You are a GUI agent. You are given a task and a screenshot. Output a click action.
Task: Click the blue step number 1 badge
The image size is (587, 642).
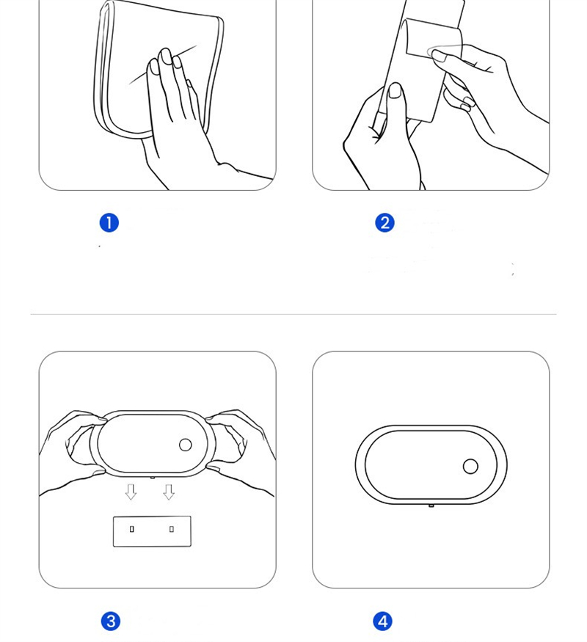click(x=109, y=223)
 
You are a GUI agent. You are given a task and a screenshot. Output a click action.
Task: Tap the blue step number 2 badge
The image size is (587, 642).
click(x=384, y=223)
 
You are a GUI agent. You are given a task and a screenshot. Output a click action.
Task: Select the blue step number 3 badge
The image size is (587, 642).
click(x=111, y=621)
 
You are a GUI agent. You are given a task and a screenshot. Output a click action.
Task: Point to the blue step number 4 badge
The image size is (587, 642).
click(x=382, y=621)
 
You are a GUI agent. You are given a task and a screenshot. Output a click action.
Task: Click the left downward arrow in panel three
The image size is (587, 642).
click(x=131, y=492)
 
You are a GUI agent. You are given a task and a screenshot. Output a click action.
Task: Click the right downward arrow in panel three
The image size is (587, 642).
click(x=169, y=492)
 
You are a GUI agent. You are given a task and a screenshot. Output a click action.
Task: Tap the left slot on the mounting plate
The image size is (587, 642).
click(x=131, y=529)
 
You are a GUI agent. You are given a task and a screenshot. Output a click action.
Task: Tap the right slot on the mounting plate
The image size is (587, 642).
click(x=172, y=529)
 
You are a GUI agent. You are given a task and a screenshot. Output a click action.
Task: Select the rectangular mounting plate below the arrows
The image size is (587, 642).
click(x=152, y=531)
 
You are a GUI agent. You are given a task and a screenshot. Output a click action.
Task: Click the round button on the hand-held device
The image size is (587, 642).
click(x=186, y=445)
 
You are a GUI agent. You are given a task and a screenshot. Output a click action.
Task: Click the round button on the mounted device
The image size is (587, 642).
click(x=470, y=467)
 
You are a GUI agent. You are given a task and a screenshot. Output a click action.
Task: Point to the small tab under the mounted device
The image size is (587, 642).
click(x=431, y=506)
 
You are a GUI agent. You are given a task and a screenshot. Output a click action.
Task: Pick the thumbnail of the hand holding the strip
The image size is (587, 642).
click(x=395, y=90)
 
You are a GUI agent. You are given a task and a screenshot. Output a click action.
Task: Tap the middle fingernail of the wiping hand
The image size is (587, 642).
click(x=166, y=56)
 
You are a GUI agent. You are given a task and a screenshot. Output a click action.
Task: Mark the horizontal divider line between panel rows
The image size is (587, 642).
click(x=293, y=315)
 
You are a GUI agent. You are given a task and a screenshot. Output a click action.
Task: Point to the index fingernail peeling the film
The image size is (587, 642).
click(x=440, y=56)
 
